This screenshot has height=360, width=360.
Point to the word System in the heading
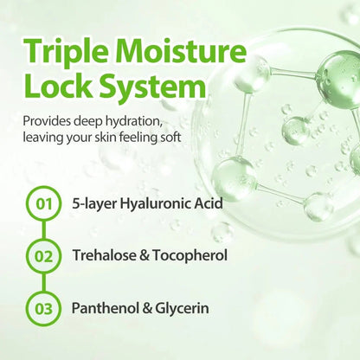click(x=152, y=87)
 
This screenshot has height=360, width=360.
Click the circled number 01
click(x=44, y=204)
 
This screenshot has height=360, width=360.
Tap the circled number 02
click(x=44, y=256)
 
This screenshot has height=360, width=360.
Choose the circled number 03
click(x=44, y=308)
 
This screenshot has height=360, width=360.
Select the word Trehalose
click(x=104, y=255)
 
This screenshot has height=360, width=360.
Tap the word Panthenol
click(x=105, y=308)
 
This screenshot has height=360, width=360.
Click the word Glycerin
click(x=182, y=309)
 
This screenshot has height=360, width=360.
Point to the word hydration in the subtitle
click(x=133, y=122)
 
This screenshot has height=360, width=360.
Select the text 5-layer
click(x=94, y=204)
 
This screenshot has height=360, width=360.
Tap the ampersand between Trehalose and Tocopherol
click(x=145, y=256)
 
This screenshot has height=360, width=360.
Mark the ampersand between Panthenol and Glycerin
click(x=147, y=308)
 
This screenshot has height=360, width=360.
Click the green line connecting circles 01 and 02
click(x=44, y=230)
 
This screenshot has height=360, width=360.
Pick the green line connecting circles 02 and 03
click(x=44, y=282)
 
